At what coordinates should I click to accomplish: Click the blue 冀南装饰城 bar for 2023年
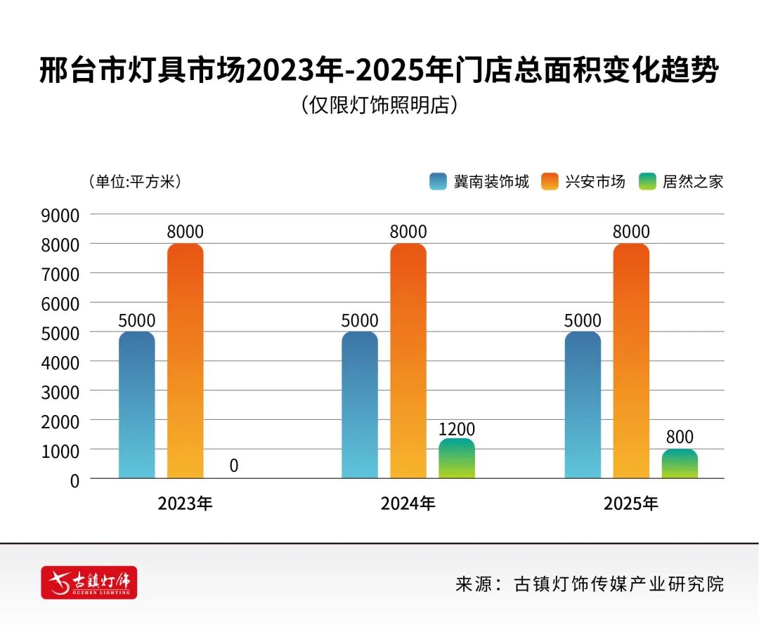(x=137, y=405)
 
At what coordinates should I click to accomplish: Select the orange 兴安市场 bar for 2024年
(x=408, y=361)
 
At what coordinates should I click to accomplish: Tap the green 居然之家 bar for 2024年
(x=457, y=459)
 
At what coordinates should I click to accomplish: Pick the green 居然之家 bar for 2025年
(x=680, y=464)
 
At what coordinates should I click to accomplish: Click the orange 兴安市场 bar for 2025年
(x=631, y=361)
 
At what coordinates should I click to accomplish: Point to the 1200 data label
(x=457, y=429)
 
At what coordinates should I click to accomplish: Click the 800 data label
(x=680, y=437)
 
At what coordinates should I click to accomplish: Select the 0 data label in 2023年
(x=233, y=466)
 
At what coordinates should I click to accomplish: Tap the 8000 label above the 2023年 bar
(x=185, y=232)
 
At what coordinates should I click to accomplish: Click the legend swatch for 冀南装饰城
(x=439, y=182)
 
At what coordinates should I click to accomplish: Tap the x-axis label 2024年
(x=408, y=503)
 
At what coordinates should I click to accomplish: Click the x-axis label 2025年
(x=631, y=503)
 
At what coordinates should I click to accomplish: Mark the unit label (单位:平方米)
(x=135, y=181)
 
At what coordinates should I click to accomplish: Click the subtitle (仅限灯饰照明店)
(x=379, y=105)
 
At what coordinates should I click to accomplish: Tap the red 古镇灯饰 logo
(x=89, y=582)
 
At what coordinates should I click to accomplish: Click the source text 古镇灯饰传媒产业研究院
(x=618, y=584)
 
